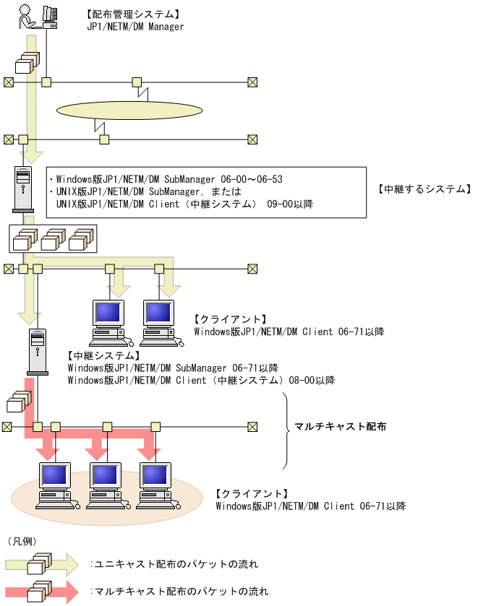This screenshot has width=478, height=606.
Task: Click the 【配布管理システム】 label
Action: (132, 14)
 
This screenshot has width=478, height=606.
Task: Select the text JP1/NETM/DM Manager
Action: (135, 27)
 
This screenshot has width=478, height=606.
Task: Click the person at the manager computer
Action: (25, 15)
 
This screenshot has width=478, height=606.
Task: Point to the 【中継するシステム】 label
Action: (424, 189)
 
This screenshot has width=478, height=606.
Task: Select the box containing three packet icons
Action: (52, 239)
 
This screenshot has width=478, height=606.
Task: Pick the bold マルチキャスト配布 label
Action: (340, 427)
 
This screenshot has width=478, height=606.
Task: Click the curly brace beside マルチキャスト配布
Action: (285, 431)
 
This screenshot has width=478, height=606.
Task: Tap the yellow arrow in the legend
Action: (45, 563)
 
